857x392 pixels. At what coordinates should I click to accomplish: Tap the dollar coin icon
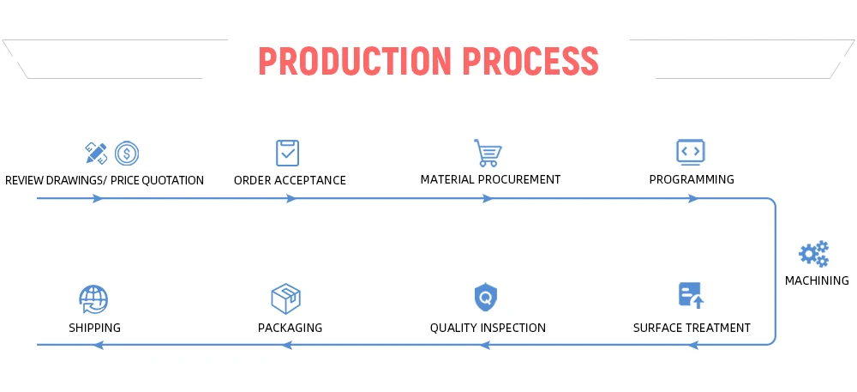tap(127, 154)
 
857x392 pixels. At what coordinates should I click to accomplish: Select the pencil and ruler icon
tap(96, 153)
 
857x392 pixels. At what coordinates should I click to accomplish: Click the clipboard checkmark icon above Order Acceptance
tap(288, 153)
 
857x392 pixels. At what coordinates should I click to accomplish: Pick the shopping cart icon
tap(488, 153)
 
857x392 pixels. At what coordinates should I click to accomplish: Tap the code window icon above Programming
tap(690, 152)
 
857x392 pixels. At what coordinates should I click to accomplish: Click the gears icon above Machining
tap(813, 254)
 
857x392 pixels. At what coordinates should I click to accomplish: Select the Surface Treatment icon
tap(691, 296)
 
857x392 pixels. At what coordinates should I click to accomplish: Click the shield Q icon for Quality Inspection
tap(487, 298)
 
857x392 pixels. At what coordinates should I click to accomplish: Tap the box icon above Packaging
tap(285, 299)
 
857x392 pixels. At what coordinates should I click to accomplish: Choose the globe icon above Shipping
tap(93, 299)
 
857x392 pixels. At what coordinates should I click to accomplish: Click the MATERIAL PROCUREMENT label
tap(490, 180)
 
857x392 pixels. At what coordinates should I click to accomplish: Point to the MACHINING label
tap(817, 280)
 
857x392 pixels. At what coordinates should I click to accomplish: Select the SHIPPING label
tap(94, 328)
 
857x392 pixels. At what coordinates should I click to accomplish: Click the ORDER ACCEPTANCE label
tap(290, 180)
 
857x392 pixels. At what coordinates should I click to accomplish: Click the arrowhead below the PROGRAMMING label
tap(693, 199)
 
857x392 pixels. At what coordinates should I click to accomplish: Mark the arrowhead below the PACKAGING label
tap(287, 345)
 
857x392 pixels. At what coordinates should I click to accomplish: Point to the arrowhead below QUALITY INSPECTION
tap(484, 345)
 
